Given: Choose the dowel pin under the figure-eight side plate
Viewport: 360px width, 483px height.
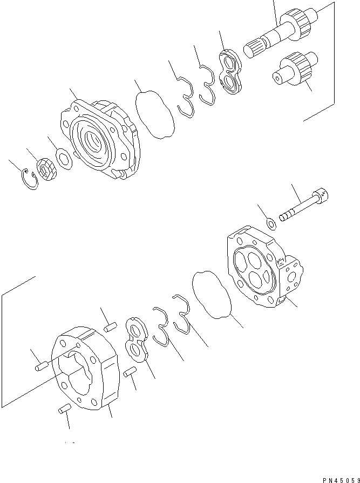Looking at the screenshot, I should pyautogui.click(x=130, y=372).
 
